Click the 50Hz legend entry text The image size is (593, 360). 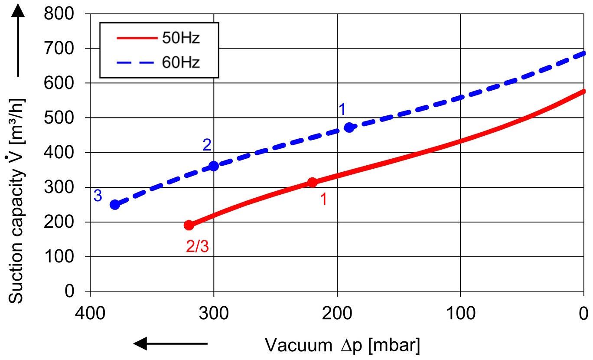pyautogui.click(x=181, y=38)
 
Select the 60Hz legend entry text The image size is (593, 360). pyautogui.click(x=181, y=63)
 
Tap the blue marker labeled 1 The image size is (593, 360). pyautogui.click(x=349, y=128)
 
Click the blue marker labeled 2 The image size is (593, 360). pyautogui.click(x=214, y=166)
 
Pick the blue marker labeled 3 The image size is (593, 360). pyautogui.click(x=115, y=205)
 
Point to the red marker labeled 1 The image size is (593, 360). pyautogui.click(x=312, y=183)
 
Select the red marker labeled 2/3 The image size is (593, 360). pyautogui.click(x=189, y=225)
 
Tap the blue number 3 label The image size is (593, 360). pyautogui.click(x=98, y=196)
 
